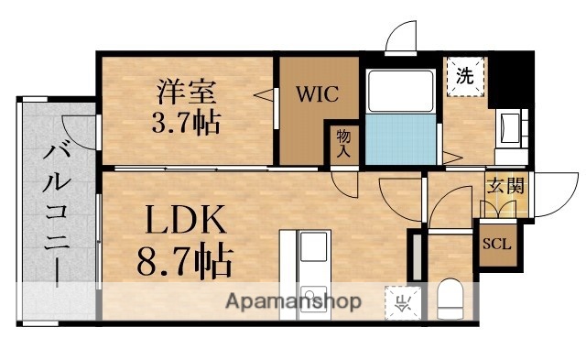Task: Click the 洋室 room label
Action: (186, 92)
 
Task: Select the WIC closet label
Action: (317, 93)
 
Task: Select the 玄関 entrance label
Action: (505, 187)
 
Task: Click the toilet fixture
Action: (449, 297)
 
